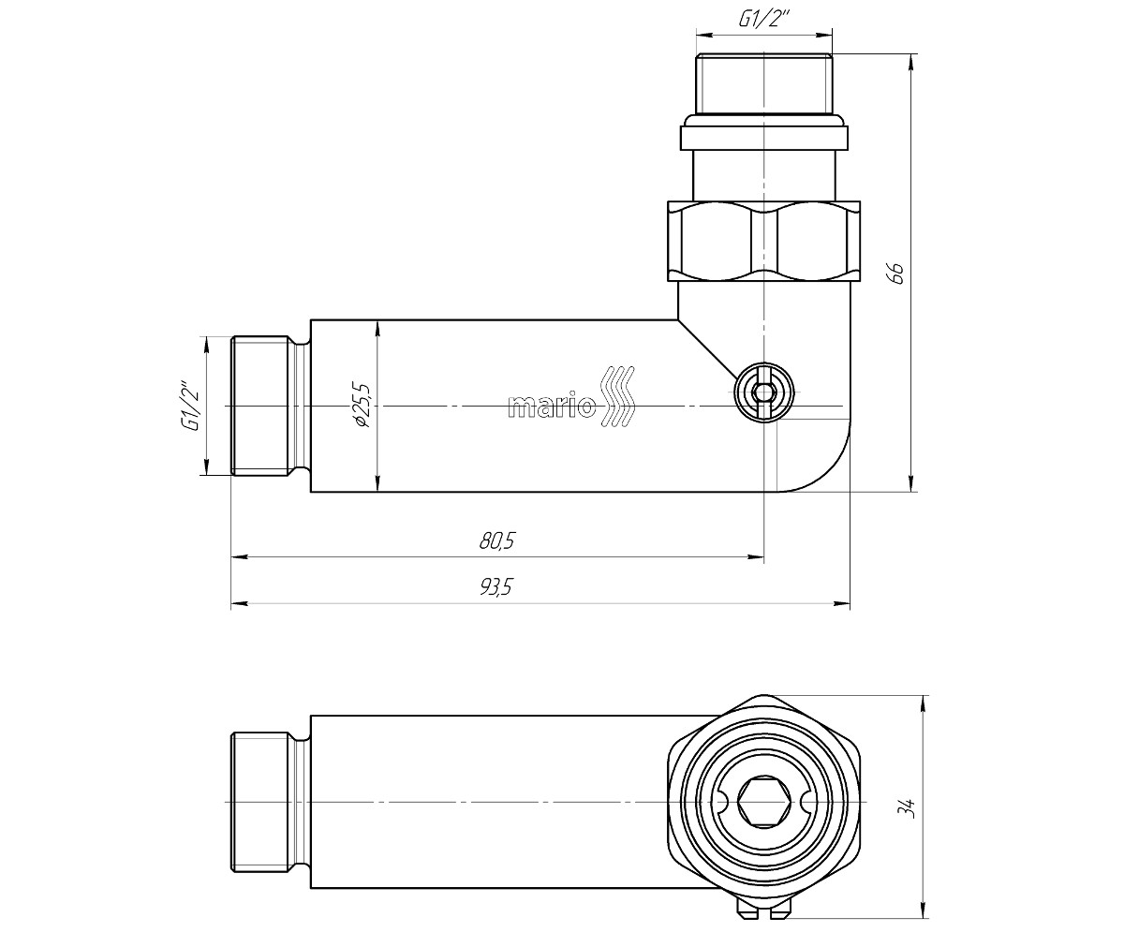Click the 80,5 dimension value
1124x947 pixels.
pyautogui.click(x=497, y=540)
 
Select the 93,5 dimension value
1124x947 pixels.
pyautogui.click(x=496, y=586)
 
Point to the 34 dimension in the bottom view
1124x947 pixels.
pyautogui.click(x=910, y=808)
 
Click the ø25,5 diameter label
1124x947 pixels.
pyautogui.click(x=361, y=405)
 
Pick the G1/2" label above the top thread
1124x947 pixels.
pyautogui.click(x=763, y=20)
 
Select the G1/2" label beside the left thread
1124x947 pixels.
pyautogui.click(x=191, y=406)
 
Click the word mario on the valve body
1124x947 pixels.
pyautogui.click(x=552, y=406)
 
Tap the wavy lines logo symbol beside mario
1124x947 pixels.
pyautogui.click(x=617, y=397)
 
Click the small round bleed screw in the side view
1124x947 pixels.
pyautogui.click(x=764, y=392)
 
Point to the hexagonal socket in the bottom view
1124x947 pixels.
pyautogui.click(x=764, y=802)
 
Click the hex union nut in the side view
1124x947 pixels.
pyautogui.click(x=764, y=241)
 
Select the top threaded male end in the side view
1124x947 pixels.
pyautogui.click(x=764, y=83)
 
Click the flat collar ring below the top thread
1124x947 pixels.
pyautogui.click(x=764, y=138)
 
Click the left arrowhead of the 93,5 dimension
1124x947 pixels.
pyautogui.click(x=240, y=603)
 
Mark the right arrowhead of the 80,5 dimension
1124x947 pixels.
pyautogui.click(x=756, y=556)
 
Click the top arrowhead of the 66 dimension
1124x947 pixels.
pyautogui.click(x=910, y=62)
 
